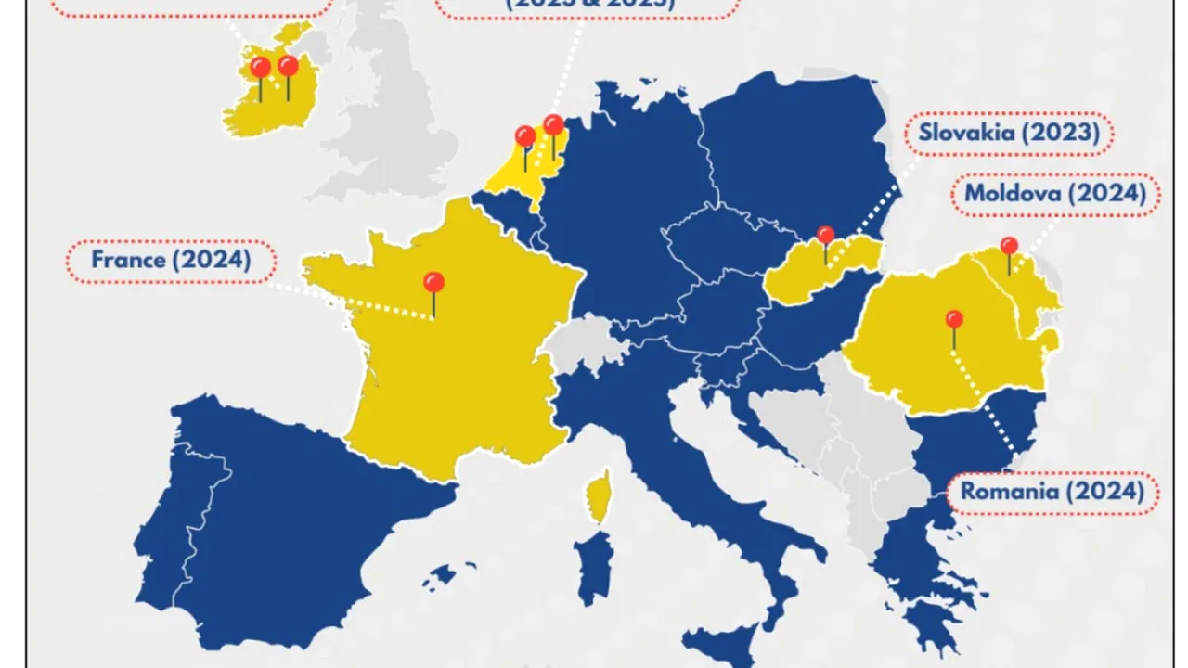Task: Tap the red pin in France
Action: [x=433, y=282]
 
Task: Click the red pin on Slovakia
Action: [x=825, y=234]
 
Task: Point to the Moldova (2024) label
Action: [x=1054, y=194]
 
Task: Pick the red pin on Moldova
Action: [x=1009, y=246]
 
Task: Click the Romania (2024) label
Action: [x=1052, y=492]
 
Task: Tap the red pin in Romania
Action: [x=954, y=320]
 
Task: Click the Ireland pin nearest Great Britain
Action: [x=288, y=66]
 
